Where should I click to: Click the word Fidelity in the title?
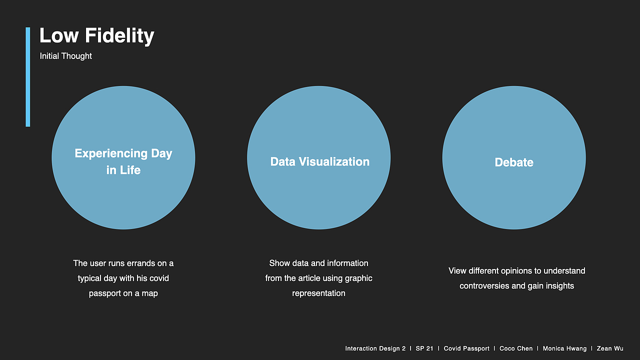click(x=119, y=35)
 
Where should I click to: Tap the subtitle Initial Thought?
click(x=65, y=56)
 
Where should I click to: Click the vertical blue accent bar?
click(x=27, y=77)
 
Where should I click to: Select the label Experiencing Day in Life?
click(x=123, y=161)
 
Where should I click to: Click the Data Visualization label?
click(x=319, y=161)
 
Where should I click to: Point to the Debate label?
click(x=514, y=162)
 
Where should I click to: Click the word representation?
click(x=318, y=293)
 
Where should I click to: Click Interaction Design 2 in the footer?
click(x=375, y=348)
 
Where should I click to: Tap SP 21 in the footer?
click(x=424, y=348)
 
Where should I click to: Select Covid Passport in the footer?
click(x=466, y=348)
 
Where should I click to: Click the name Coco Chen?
click(x=516, y=348)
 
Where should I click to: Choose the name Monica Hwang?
click(x=564, y=348)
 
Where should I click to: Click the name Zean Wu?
click(x=610, y=348)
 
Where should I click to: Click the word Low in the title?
click(x=59, y=35)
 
